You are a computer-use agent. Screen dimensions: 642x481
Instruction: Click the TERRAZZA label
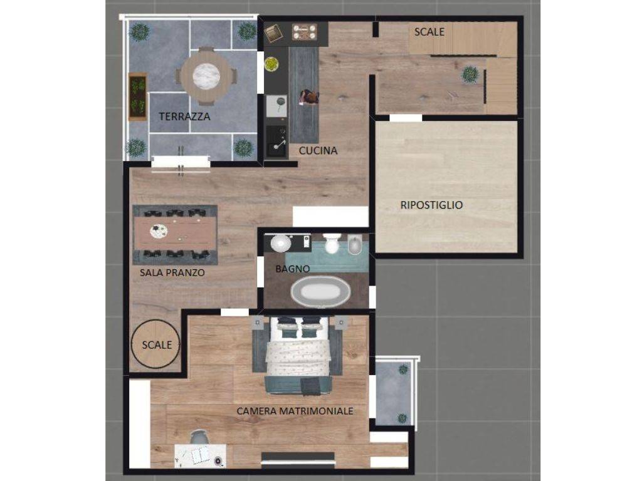(x=185, y=116)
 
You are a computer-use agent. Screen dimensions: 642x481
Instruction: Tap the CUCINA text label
(x=318, y=150)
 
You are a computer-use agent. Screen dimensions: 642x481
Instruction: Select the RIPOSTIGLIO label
(x=431, y=205)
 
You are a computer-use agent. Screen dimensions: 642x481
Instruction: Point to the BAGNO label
(x=292, y=269)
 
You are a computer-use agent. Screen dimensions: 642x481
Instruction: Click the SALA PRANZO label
(x=172, y=272)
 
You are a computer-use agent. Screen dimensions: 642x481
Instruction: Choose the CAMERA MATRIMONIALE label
(x=295, y=411)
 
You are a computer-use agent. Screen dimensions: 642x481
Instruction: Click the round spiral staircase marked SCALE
(x=155, y=344)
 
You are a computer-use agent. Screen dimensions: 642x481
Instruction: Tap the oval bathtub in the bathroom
(x=320, y=291)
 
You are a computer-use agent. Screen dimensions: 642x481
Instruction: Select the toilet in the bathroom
(x=332, y=243)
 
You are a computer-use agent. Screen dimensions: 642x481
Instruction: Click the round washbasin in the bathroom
(x=281, y=244)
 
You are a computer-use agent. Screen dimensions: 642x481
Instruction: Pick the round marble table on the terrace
(x=206, y=76)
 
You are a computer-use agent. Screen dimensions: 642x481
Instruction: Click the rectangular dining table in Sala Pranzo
(x=175, y=234)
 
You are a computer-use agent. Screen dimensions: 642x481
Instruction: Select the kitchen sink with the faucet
(x=276, y=142)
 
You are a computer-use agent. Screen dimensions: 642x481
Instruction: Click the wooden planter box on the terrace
(x=137, y=96)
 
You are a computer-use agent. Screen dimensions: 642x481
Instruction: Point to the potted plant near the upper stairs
(x=470, y=75)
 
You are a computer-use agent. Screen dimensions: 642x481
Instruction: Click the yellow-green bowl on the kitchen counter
(x=271, y=65)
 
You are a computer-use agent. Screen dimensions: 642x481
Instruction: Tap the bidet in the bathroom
(x=354, y=245)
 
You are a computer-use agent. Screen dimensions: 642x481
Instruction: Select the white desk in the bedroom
(x=200, y=456)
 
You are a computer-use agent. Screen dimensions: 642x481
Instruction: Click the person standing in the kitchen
(x=309, y=97)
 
